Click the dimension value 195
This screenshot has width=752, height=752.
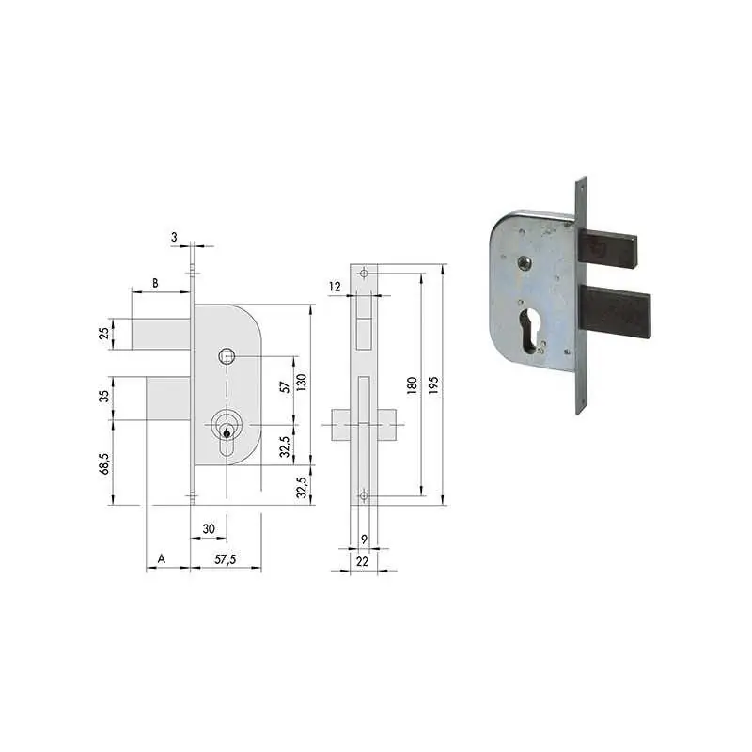[x=433, y=385]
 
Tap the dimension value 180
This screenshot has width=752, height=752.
[x=412, y=385]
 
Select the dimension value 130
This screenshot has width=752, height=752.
[x=301, y=383]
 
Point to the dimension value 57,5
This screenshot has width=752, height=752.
[x=226, y=559]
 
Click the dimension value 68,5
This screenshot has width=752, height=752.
[x=104, y=463]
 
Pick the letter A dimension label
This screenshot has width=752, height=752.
[x=162, y=558]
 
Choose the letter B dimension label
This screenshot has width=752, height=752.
[x=155, y=283]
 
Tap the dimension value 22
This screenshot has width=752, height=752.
[x=362, y=561]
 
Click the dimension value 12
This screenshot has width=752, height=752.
[x=335, y=287]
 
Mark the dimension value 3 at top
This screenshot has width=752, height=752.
[x=174, y=237]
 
